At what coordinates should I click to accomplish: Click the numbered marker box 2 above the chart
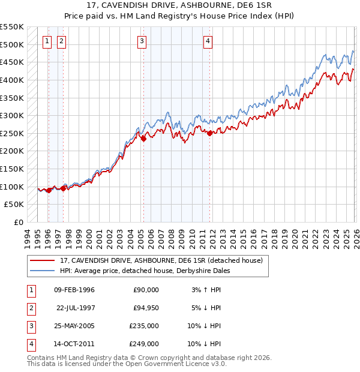62,41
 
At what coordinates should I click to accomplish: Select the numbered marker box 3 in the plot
142,41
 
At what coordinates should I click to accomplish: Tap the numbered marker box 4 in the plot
208,41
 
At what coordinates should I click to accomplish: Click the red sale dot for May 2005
143,139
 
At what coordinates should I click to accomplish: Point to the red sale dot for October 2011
209,133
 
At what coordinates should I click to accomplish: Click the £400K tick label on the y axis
12,80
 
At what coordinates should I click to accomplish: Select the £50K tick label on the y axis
14,205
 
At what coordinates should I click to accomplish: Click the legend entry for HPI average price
148,271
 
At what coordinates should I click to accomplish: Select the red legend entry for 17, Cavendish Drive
161,260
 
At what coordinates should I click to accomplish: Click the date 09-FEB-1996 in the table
74,290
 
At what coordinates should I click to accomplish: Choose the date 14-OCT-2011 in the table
74,344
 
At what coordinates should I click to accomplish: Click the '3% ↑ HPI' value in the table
206,290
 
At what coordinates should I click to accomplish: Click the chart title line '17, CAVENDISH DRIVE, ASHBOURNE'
185,6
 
